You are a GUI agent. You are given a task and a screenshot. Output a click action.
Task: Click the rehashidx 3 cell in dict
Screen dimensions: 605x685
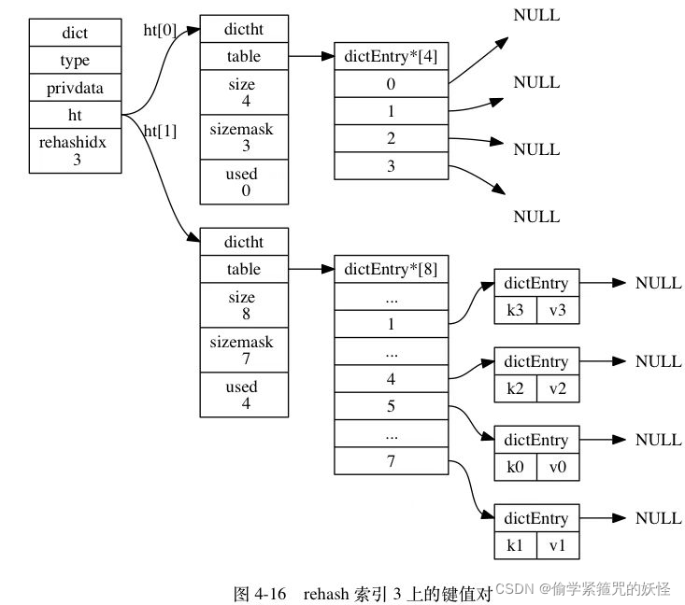pos(75,151)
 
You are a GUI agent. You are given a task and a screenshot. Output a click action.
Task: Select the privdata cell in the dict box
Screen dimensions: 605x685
pos(75,88)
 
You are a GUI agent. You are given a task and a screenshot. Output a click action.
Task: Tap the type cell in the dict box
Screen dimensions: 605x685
pos(75,60)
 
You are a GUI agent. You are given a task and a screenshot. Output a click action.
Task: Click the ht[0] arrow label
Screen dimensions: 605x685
pos(159,30)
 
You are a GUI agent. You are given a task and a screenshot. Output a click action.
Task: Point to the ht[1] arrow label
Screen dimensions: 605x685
pos(159,131)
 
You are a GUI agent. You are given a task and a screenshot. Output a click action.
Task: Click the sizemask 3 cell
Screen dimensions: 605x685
pos(241,137)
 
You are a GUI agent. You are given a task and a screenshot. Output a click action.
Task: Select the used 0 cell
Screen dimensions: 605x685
pos(241,182)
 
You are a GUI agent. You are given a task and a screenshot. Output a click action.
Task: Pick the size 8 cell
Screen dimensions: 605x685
pos(241,305)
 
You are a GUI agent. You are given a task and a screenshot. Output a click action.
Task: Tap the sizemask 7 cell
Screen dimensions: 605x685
pos(241,350)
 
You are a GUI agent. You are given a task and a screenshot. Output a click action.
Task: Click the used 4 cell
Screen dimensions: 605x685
pos(241,394)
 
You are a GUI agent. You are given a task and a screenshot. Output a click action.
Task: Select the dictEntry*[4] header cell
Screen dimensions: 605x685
pos(391,56)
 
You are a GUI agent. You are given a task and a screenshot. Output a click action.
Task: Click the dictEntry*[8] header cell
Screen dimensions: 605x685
pos(391,269)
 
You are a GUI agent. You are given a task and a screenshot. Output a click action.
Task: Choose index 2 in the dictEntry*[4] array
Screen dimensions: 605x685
pos(391,138)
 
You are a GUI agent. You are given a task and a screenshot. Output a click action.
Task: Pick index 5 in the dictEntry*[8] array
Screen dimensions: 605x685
pos(391,407)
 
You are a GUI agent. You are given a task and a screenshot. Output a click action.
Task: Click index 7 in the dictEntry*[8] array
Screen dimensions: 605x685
pos(391,460)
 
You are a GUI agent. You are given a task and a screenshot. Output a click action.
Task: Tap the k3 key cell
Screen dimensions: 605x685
pos(515,310)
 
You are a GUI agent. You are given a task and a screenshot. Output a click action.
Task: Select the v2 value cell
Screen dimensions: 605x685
pos(558,388)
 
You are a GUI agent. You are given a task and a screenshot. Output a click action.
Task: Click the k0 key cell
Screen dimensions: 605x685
pos(515,467)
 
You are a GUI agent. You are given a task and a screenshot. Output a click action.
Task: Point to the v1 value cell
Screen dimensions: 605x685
pos(558,545)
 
